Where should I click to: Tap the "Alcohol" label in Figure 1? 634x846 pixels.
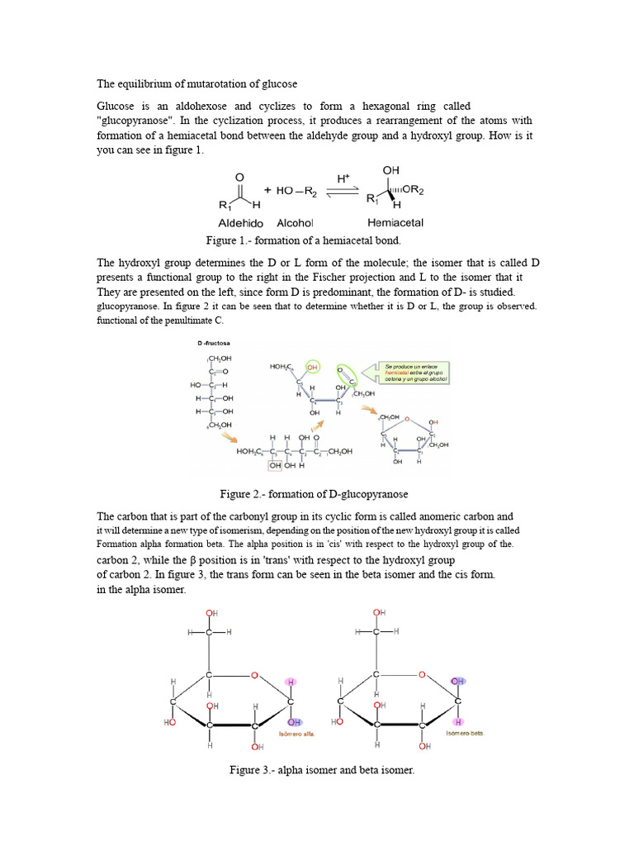295,222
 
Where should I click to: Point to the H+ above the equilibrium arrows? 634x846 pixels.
343,178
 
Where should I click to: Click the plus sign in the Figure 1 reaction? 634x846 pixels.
267,190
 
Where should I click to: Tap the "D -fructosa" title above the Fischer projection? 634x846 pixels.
212,342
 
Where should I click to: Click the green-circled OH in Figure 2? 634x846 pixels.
312,365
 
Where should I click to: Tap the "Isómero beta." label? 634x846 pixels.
466,732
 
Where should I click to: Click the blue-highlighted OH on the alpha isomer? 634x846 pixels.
295,721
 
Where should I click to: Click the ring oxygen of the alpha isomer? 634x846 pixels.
255,675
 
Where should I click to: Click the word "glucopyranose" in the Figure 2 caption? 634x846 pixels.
373,494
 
